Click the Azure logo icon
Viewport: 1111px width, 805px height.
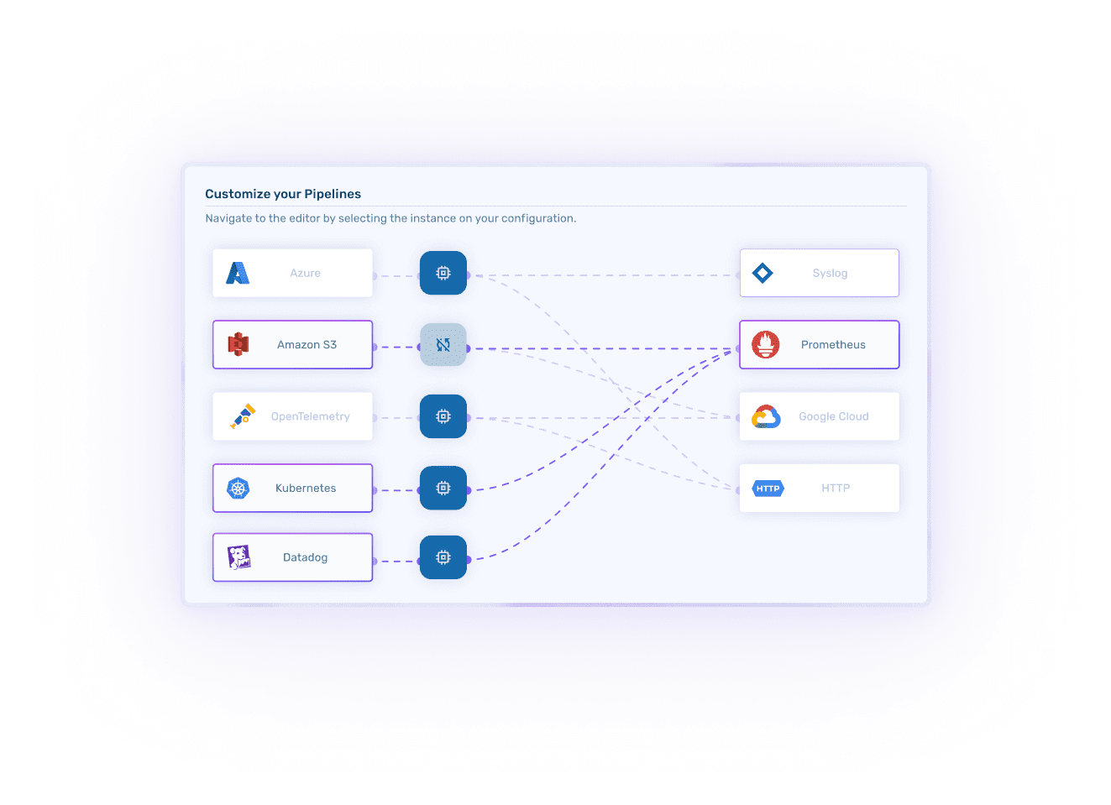[x=238, y=273]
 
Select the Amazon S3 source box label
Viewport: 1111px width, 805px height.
[x=307, y=345]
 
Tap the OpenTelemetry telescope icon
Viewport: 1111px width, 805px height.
[x=243, y=416]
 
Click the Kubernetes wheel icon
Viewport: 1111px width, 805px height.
[x=238, y=489]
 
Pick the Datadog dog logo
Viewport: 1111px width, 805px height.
[x=239, y=557]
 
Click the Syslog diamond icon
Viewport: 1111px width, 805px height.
[x=763, y=273]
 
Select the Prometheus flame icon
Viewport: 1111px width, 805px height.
[x=765, y=344]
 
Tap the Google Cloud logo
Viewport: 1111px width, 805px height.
[x=766, y=417]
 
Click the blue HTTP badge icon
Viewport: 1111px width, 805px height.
[x=768, y=489]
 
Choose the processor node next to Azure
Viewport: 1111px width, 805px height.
[x=443, y=273]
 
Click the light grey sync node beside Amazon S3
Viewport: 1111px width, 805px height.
[x=443, y=345]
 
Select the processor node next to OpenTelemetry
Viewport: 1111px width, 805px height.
[x=443, y=416]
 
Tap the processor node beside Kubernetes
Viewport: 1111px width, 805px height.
[x=443, y=489]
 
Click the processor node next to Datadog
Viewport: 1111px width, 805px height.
[x=443, y=557]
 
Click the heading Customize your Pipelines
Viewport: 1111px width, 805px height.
[x=283, y=194]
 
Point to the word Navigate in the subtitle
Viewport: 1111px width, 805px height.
[x=228, y=218]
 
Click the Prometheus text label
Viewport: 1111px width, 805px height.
[x=833, y=345]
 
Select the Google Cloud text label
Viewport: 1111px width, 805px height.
[x=833, y=416]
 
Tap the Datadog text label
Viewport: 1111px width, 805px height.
[x=305, y=557]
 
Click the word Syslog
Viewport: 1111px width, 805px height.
[x=830, y=274]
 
